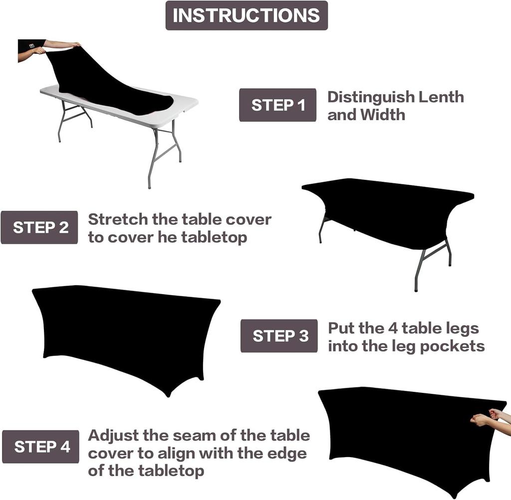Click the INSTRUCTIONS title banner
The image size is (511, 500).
(247, 15)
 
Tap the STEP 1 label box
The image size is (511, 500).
(277, 105)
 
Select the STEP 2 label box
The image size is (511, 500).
(39, 227)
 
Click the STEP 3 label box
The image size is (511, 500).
(279, 336)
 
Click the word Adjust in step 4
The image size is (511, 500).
(113, 435)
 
